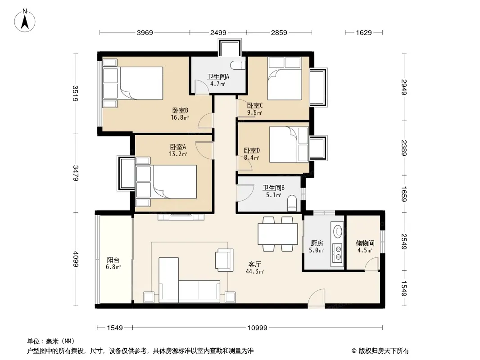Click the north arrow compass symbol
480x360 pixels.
25,20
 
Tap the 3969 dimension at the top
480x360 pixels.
145,32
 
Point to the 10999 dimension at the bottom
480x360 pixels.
258,328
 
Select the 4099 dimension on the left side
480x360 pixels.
75,259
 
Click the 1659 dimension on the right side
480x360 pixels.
404,194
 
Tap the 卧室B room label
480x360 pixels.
180,110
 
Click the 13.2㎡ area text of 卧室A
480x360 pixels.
178,154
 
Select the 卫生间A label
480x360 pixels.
218,76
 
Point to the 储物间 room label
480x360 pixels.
365,243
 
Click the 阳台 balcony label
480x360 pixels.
113,260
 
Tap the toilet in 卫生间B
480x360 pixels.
292,203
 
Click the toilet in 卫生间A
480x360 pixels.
238,65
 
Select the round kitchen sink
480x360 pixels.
338,231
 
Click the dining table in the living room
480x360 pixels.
278,234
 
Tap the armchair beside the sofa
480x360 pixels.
224,260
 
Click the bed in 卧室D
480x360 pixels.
289,144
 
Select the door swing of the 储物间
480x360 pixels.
371,264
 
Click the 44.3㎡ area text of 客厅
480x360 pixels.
255,271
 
